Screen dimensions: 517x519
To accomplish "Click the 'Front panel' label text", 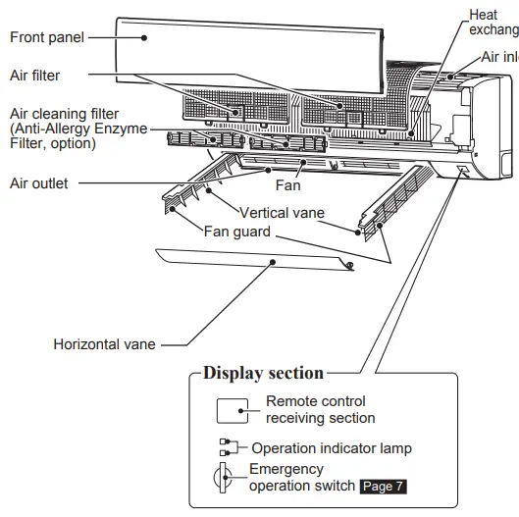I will click(x=46, y=37).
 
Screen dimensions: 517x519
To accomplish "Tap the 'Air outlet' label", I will click(x=38, y=182).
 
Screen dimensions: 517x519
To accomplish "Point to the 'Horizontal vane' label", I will click(x=104, y=344).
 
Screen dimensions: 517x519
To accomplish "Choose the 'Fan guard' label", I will click(x=238, y=232).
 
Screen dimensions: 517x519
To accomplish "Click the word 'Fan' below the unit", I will click(x=287, y=184).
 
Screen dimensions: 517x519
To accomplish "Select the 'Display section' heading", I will click(x=262, y=373).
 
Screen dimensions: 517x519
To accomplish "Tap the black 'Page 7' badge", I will click(x=382, y=486).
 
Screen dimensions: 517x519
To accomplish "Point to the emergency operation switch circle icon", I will click(x=225, y=478).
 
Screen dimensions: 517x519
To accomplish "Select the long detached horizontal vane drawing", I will click(x=255, y=261).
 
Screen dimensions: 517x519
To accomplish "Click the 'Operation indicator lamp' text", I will click(x=332, y=448).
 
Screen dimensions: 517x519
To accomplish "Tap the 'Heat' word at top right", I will click(x=483, y=14).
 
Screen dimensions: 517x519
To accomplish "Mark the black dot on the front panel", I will click(x=143, y=37).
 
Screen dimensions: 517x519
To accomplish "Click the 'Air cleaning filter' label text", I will click(x=64, y=115).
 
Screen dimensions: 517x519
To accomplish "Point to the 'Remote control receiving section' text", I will click(x=320, y=410).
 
